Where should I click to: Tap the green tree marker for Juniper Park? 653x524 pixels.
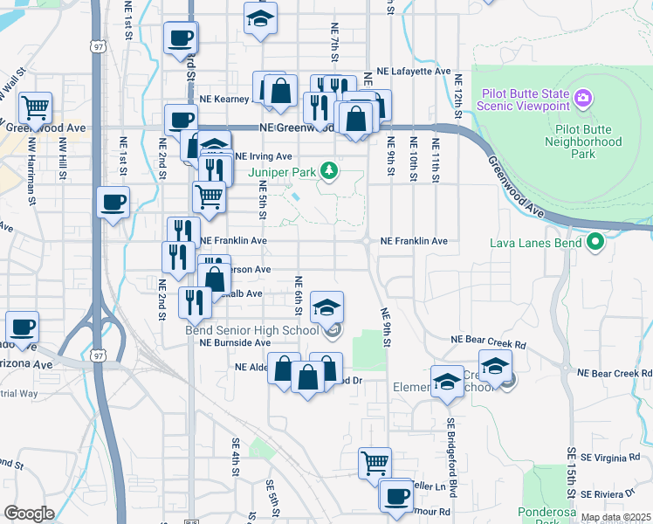[329, 169]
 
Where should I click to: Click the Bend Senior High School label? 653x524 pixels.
[251, 330]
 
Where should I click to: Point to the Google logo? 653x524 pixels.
[29, 513]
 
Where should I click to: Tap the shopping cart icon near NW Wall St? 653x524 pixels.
[34, 107]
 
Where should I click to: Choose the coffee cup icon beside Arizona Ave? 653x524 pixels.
[23, 327]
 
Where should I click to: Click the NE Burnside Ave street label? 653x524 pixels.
[234, 343]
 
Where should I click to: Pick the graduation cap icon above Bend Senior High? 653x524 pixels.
[327, 307]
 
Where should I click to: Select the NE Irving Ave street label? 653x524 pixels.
[262, 156]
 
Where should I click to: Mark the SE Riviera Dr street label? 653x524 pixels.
[616, 494]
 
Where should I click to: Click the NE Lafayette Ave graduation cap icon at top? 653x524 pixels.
[260, 18]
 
